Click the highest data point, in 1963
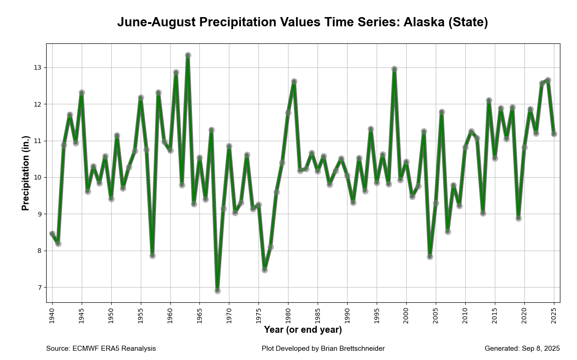pos(188,55)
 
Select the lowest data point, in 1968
pos(217,291)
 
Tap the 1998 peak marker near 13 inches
pos(394,69)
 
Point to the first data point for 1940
pos(52,234)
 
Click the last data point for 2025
pos(554,134)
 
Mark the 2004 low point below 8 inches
pos(430,257)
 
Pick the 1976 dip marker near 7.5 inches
pos(264,270)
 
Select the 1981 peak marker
pos(294,82)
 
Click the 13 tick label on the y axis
pos(37,68)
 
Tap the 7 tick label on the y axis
pos(39,288)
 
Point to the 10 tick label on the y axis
pos(37,178)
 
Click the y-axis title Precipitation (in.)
pos(26,173)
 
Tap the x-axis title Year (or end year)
pos(303,330)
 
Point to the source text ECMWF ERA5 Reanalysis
pos(114,348)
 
